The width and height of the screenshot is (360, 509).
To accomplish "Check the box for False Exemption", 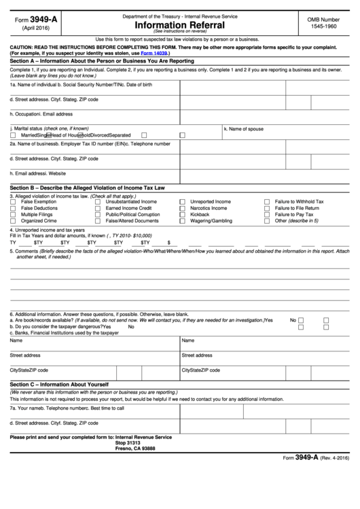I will pyautogui.click(x=14, y=203).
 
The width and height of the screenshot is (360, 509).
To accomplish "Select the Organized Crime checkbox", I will pyautogui.click(x=14, y=221).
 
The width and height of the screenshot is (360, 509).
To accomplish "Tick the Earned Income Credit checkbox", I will pyautogui.click(x=98, y=209).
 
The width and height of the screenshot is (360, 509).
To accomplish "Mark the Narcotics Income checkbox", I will pyautogui.click(x=182, y=209).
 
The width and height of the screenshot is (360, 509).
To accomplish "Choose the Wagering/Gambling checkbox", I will pyautogui.click(x=182, y=221).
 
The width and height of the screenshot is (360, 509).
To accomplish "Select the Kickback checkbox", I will pyautogui.click(x=182, y=215).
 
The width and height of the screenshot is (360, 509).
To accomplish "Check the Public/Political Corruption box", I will pyautogui.click(x=98, y=215).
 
